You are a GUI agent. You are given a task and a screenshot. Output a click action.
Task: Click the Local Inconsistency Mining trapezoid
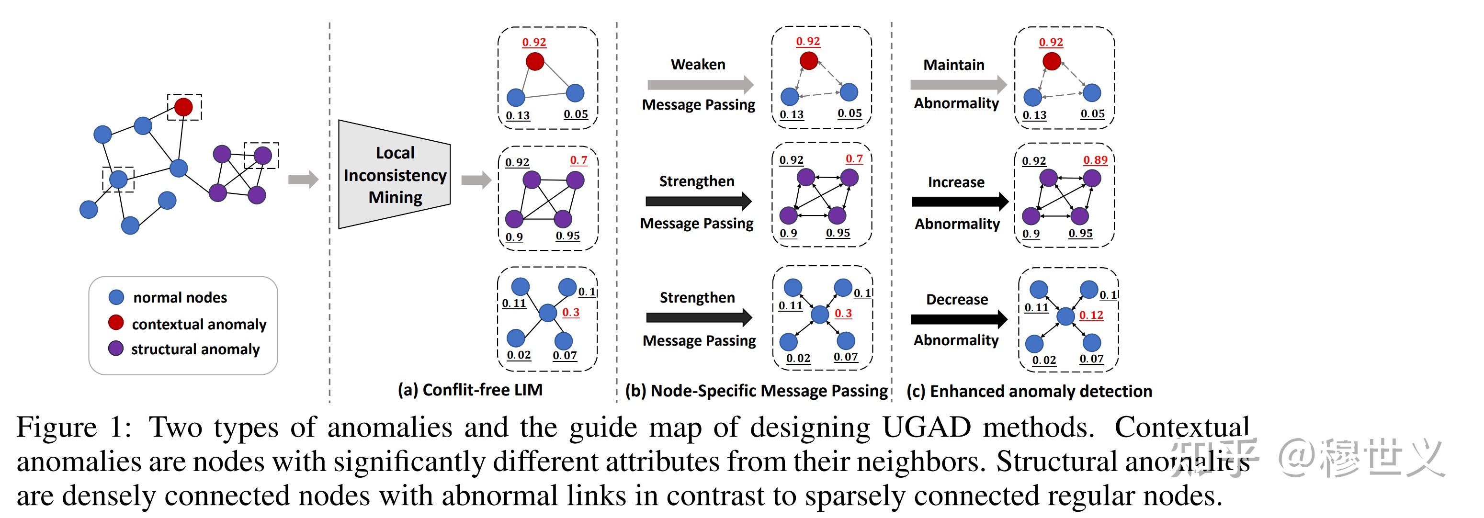395,174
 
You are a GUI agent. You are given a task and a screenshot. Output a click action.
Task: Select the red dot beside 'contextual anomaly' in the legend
116,322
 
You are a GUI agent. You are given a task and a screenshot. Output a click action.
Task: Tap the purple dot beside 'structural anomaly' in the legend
116,348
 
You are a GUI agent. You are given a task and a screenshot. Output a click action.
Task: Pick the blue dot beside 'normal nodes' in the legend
116,297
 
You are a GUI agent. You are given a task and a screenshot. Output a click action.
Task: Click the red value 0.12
1091,315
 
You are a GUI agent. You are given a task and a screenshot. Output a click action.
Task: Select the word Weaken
698,64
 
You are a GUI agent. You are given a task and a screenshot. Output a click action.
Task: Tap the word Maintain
953,65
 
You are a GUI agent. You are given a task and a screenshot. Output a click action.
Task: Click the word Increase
956,182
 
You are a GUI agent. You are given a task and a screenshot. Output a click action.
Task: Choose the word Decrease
956,299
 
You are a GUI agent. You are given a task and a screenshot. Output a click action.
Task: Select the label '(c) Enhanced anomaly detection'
1029,391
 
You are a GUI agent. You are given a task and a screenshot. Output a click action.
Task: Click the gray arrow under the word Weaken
701,85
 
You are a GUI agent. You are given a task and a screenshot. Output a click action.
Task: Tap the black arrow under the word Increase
960,201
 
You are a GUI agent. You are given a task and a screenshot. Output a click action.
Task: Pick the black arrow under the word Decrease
959,319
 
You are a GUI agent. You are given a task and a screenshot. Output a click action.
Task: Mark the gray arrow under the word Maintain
959,85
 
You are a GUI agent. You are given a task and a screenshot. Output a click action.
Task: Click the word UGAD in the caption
926,428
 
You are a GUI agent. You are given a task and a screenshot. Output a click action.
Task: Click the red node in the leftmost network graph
183,107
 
